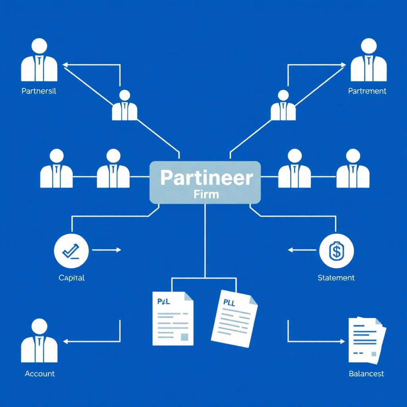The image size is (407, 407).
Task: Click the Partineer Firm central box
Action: tap(205, 182)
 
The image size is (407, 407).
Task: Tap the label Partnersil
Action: tap(39, 91)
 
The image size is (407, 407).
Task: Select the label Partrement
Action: tap(367, 91)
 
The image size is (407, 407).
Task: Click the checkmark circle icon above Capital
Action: tap(71, 250)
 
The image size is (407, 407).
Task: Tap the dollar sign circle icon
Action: tap(336, 250)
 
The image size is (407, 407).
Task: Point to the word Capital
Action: tap(72, 278)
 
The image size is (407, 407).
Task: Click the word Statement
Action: tap(336, 278)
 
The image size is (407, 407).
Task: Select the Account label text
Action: tap(40, 374)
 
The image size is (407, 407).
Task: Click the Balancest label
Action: tap(366, 374)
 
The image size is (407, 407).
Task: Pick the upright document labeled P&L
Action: tap(173, 318)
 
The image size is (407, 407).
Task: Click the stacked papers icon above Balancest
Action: tap(367, 340)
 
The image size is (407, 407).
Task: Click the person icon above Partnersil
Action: tap(39, 60)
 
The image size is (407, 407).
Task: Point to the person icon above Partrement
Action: tap(369, 60)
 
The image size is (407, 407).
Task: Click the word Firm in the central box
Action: tap(205, 195)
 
